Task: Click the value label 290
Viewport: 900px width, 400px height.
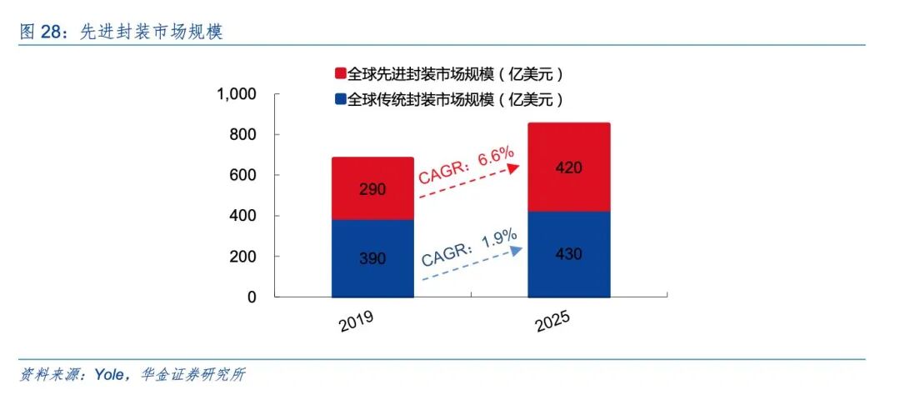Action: (372, 189)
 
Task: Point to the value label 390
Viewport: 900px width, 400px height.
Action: (372, 258)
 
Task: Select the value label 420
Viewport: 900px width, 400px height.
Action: (569, 167)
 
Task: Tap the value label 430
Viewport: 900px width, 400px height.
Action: (569, 253)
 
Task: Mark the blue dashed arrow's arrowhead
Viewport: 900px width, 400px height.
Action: (517, 249)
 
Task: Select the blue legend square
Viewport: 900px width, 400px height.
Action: (340, 100)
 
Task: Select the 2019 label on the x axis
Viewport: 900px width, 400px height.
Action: (356, 321)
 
